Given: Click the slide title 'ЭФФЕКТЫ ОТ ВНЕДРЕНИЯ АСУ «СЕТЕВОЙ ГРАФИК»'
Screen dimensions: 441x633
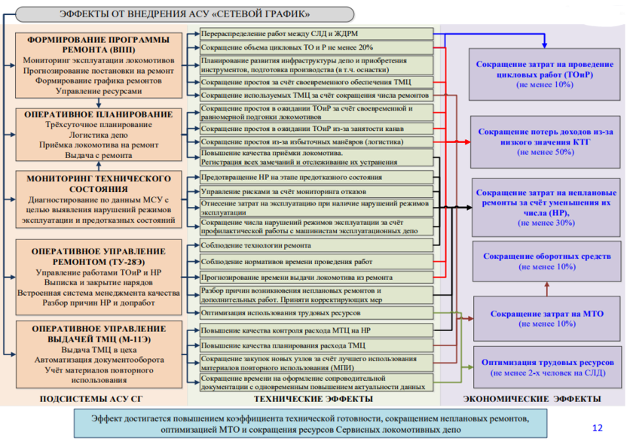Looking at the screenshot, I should (184, 14).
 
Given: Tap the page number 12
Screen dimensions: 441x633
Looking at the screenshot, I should (598, 427).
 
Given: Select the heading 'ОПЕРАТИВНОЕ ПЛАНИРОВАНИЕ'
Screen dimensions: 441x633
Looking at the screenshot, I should (99, 114).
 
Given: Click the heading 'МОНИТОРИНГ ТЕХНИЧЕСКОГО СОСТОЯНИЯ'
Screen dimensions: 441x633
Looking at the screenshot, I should (99, 184).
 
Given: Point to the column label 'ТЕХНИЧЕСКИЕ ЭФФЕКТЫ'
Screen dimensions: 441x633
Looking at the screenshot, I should (313, 398).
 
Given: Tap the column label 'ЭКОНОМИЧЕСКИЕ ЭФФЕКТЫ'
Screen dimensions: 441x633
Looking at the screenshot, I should (532, 398).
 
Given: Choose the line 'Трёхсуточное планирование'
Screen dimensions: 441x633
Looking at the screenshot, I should (99, 125).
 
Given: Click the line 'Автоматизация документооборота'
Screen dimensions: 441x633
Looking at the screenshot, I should (99, 360).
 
